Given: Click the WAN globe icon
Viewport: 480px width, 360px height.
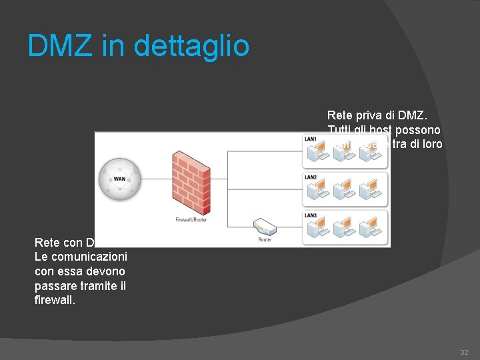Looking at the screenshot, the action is [120, 179].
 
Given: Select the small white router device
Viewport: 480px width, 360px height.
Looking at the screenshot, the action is [264, 227].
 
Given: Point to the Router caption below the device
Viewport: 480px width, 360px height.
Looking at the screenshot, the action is [265, 239].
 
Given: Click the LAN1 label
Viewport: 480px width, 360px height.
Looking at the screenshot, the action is [311, 139].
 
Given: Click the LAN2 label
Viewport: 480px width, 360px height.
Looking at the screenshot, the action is [311, 177].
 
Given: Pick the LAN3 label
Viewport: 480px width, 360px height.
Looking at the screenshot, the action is [311, 215].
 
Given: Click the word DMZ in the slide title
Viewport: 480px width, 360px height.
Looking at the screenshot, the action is [57, 46].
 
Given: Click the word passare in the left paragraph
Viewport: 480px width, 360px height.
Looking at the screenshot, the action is [56, 286].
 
